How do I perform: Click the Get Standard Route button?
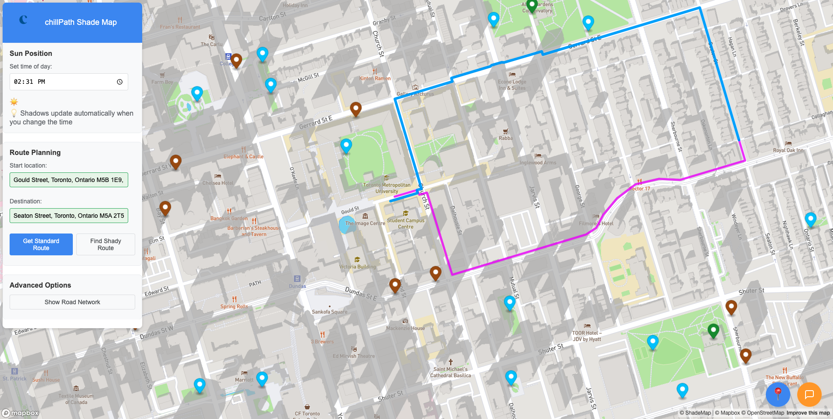[41, 244]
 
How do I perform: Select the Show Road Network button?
[72, 302]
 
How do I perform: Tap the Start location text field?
[69, 180]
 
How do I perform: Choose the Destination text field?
[69, 216]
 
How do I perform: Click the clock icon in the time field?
[119, 82]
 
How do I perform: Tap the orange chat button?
[809, 395]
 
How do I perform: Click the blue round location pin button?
[778, 395]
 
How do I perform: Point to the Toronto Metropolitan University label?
[386, 188]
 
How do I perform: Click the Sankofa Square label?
[329, 312]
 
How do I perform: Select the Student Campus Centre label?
[406, 223]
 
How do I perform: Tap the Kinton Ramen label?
[375, 79]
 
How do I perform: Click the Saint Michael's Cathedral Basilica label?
[451, 372]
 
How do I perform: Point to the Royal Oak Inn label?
[788, 150]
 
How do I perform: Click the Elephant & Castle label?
[243, 156]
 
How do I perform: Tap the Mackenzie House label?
[405, 328]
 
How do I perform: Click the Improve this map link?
[808, 413]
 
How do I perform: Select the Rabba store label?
[505, 138]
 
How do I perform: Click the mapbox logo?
[20, 413]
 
